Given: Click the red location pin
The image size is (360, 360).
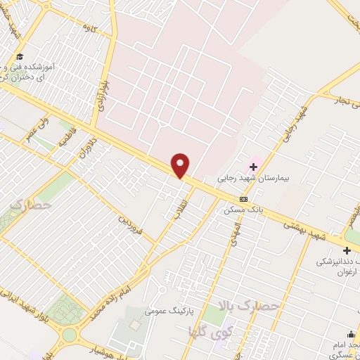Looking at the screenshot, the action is click(x=181, y=165).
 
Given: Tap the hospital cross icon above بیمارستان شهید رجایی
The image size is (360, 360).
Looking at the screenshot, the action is click(x=253, y=166).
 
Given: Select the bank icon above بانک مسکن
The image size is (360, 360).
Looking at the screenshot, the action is click(x=244, y=200).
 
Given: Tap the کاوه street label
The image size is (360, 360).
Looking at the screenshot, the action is click(x=89, y=28).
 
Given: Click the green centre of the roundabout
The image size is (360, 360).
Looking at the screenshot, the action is click(x=69, y=335).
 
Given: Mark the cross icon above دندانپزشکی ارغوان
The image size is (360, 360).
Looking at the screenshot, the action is click(x=346, y=250).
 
